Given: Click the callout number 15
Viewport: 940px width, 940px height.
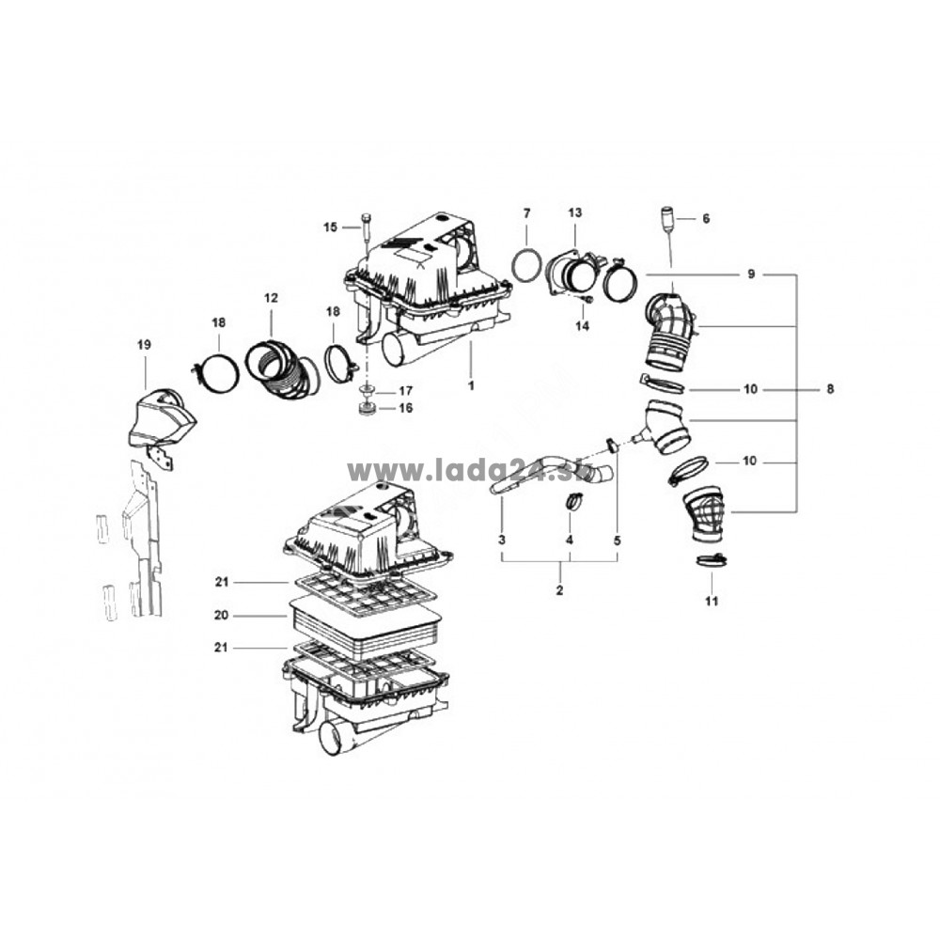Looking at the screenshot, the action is click(x=330, y=227).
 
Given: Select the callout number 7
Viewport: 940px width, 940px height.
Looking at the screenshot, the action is click(x=527, y=212).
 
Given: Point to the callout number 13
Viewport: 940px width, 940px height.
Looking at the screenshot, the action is click(x=575, y=212).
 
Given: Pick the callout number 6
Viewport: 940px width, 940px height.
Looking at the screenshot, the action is click(x=706, y=219).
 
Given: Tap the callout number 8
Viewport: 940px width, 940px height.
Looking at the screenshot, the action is click(x=830, y=389).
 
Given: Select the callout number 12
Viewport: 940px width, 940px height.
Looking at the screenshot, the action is click(x=271, y=297).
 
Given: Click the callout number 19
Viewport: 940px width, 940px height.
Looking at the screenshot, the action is click(x=144, y=345).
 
